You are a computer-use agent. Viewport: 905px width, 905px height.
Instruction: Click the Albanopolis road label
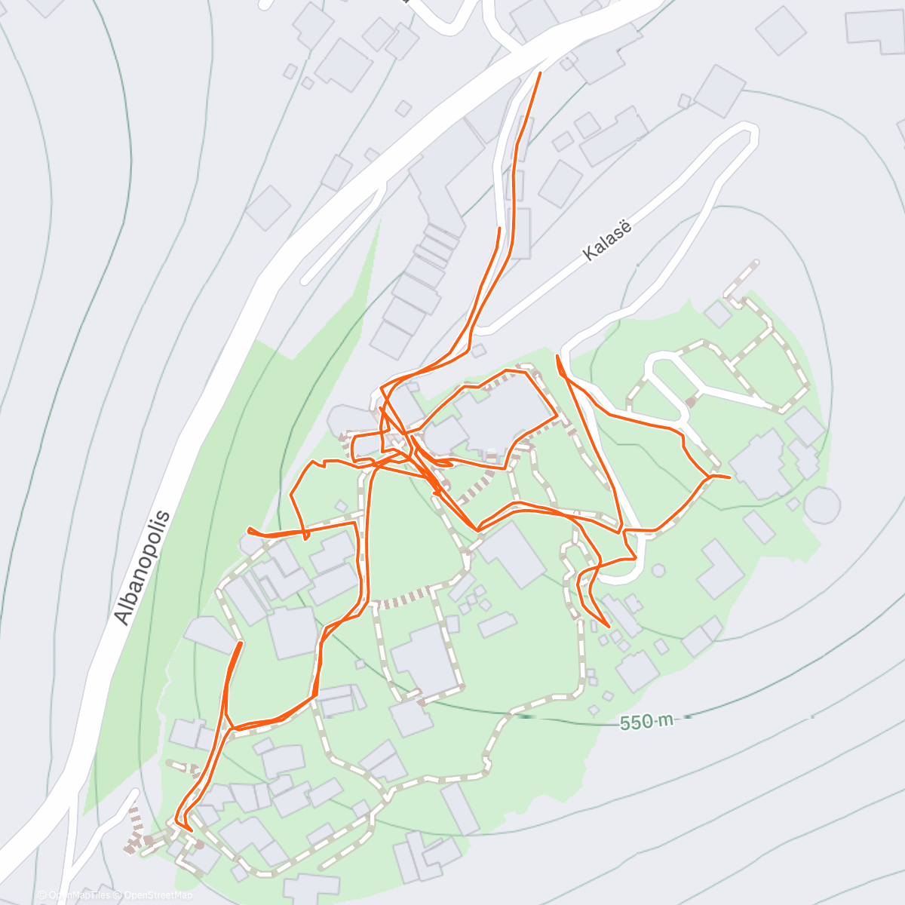(x=143, y=567)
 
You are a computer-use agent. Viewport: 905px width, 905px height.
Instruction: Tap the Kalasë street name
(x=606, y=241)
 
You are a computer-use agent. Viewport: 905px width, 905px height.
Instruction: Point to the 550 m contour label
(x=646, y=722)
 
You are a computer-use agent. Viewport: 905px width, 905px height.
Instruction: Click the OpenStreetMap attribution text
(x=158, y=895)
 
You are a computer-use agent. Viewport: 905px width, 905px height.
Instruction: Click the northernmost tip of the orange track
(x=540, y=72)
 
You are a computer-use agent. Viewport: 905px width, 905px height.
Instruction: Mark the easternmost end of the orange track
(x=729, y=477)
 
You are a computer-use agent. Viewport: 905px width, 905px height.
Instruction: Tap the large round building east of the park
(x=821, y=504)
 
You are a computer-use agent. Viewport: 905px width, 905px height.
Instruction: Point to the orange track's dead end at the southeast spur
(x=608, y=627)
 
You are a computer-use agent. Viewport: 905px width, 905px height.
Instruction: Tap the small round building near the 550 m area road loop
(x=658, y=570)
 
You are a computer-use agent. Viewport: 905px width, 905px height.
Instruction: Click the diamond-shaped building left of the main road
(x=268, y=207)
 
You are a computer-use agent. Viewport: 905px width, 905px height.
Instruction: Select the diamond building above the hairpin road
(x=720, y=90)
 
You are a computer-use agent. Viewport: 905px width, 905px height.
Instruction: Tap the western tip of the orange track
(x=249, y=531)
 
